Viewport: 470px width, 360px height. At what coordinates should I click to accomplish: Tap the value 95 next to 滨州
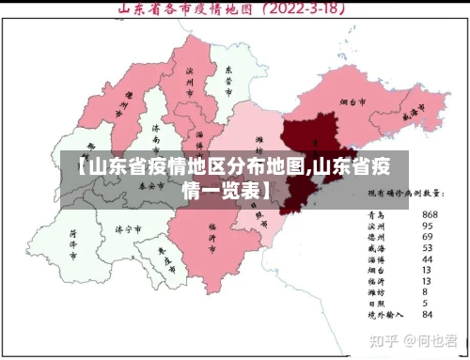tap(428, 225)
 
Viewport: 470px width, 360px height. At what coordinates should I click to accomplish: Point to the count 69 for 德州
tap(428, 236)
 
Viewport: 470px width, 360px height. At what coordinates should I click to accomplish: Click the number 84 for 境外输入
tap(428, 314)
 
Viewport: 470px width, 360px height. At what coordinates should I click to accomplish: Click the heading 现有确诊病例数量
tap(405, 193)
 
